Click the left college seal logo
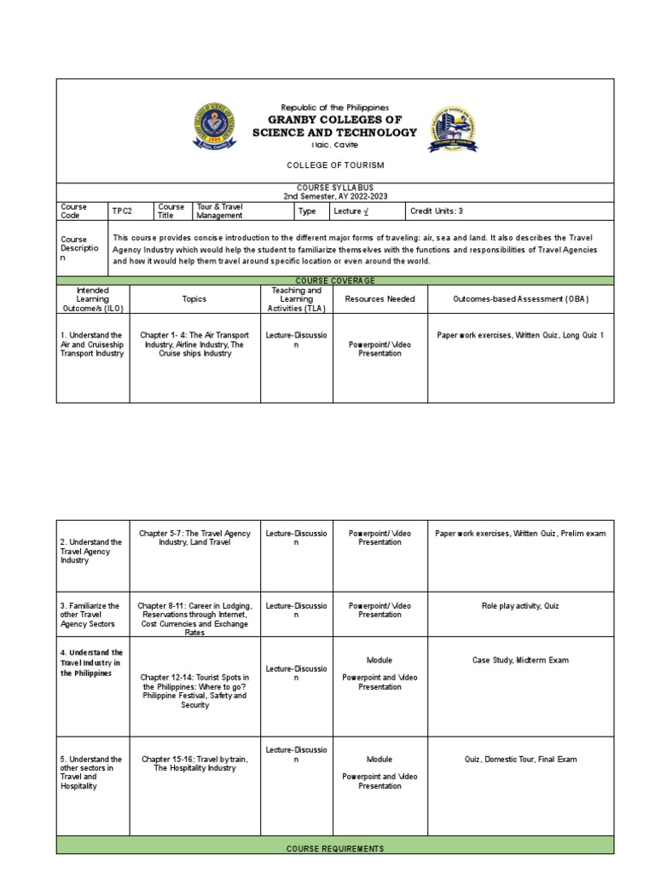click(x=217, y=130)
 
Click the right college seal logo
click(x=451, y=130)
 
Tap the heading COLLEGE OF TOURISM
click(x=334, y=165)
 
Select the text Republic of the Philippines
click(x=334, y=108)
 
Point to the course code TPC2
click(x=121, y=211)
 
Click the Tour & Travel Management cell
click(x=243, y=211)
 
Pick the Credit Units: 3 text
click(x=437, y=211)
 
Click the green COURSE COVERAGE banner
click(x=334, y=280)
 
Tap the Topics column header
click(x=194, y=299)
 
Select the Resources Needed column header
click(x=380, y=299)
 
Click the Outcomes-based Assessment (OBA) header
click(x=520, y=299)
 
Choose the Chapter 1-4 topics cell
click(x=194, y=344)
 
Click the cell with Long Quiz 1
click(x=520, y=336)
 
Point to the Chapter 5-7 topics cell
click(x=194, y=538)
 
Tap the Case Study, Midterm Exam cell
click(x=520, y=660)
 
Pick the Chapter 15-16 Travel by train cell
click(x=194, y=763)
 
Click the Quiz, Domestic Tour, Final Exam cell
click(x=520, y=759)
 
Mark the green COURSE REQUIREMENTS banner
click(x=334, y=848)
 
